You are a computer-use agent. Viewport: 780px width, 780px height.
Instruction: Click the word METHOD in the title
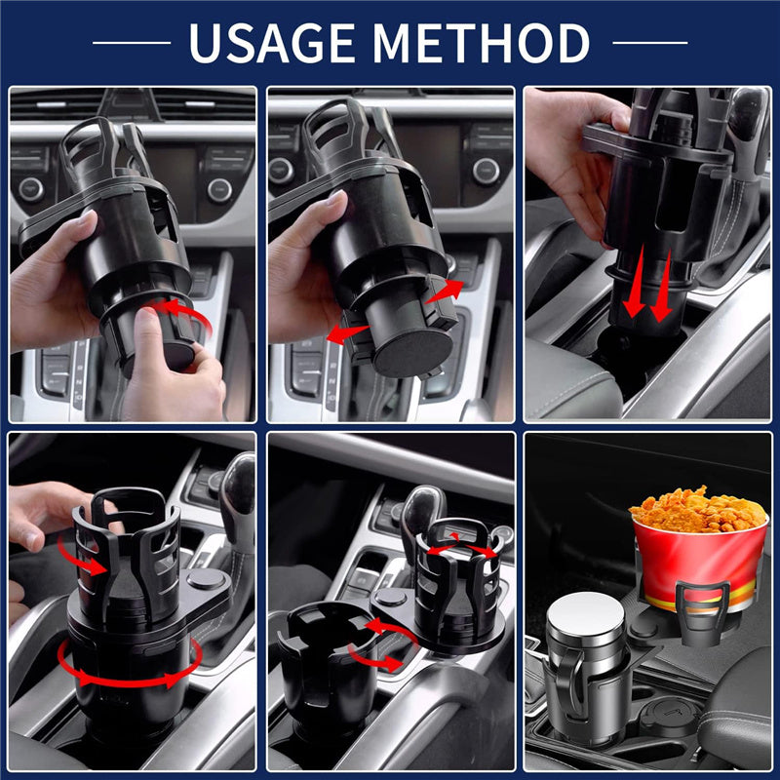pos(481,43)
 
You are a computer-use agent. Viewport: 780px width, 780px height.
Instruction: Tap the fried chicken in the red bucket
pos(698,509)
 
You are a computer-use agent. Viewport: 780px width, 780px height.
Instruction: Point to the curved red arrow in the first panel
pos(186,311)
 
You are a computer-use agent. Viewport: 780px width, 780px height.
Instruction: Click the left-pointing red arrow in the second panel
pos(347,333)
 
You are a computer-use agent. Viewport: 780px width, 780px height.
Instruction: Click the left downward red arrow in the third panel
pos(636,283)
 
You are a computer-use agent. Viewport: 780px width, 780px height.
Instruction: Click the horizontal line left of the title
pos(132,43)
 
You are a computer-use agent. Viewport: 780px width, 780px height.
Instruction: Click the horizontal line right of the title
pos(650,43)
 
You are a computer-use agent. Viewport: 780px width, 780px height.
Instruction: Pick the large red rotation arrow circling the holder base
pos(130,664)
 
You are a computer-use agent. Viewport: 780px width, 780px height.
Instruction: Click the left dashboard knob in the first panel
pos(31,189)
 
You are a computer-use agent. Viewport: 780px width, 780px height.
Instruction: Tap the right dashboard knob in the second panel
pos(486,172)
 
